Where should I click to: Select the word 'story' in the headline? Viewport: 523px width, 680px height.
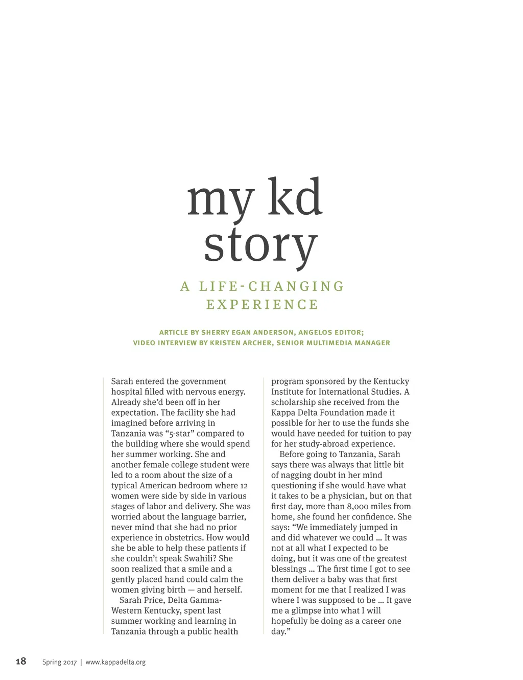point(260,246)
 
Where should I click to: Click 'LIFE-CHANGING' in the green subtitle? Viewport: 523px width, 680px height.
point(272,286)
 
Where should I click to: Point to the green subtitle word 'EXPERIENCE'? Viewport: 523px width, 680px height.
point(262,305)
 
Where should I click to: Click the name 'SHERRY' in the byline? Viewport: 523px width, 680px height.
point(215,332)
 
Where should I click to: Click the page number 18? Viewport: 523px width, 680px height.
point(21,662)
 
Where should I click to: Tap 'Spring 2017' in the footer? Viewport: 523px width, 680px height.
point(59,662)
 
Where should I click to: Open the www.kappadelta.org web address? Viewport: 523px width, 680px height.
point(115,662)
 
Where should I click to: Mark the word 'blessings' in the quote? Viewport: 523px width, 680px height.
point(289,569)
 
